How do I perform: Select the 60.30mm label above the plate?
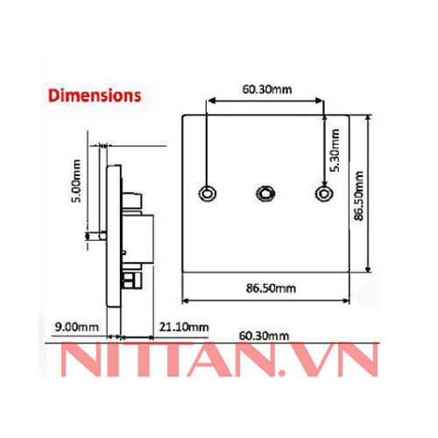click(268, 88)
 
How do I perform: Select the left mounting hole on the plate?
click(208, 194)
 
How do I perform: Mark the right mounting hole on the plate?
click(324, 194)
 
